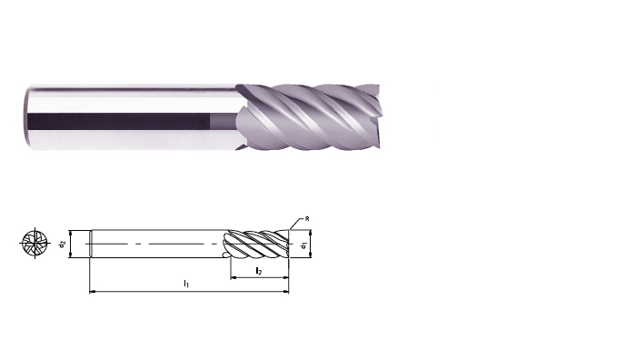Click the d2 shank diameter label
62,244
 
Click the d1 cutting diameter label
303,245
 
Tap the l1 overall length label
186,284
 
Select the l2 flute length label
258,271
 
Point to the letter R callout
307,219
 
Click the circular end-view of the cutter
35,243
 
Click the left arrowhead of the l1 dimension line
92,292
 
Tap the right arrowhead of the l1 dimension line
286,292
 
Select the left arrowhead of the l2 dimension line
234,278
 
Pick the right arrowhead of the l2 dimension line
286,278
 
